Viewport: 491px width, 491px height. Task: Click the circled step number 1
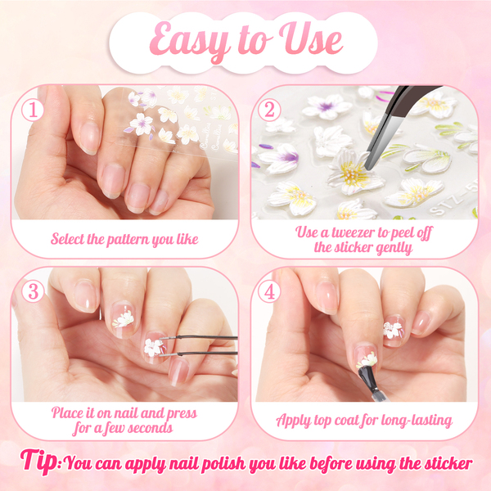[33, 110]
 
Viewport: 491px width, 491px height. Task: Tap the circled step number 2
[269, 110]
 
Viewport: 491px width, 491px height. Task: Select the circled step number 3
[33, 291]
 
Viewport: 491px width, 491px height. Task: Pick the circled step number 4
[269, 291]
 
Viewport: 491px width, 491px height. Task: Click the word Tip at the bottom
[39, 462]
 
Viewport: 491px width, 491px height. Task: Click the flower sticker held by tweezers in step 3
[153, 348]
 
